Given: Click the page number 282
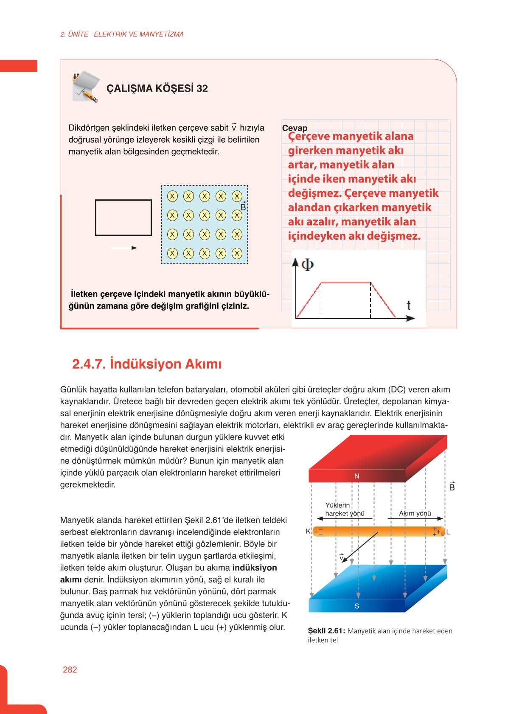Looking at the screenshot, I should click(x=70, y=669).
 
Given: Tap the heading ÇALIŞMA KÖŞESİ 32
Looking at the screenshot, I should click(x=157, y=88).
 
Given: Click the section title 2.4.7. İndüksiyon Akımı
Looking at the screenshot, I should click(x=147, y=364).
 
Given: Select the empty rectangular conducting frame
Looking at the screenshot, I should click(x=123, y=217).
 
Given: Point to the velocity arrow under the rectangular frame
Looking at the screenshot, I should click(x=123, y=248).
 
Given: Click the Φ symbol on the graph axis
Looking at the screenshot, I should click(x=307, y=265).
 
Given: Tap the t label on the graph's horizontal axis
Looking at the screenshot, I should click(x=408, y=305).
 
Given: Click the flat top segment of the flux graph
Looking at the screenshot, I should click(x=345, y=282).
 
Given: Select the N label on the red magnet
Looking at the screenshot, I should click(x=356, y=476).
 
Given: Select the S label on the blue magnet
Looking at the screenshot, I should click(x=356, y=606).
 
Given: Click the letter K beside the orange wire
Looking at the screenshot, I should click(x=308, y=531).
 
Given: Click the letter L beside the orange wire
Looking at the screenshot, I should click(x=448, y=532).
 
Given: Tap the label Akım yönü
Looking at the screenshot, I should click(x=415, y=513).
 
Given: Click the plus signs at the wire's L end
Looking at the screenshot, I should click(x=436, y=532).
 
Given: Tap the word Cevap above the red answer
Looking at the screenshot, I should click(x=295, y=128).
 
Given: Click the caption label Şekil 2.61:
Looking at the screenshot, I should click(x=326, y=631).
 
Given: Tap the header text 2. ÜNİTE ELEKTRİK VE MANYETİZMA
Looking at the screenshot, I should click(x=122, y=34).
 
